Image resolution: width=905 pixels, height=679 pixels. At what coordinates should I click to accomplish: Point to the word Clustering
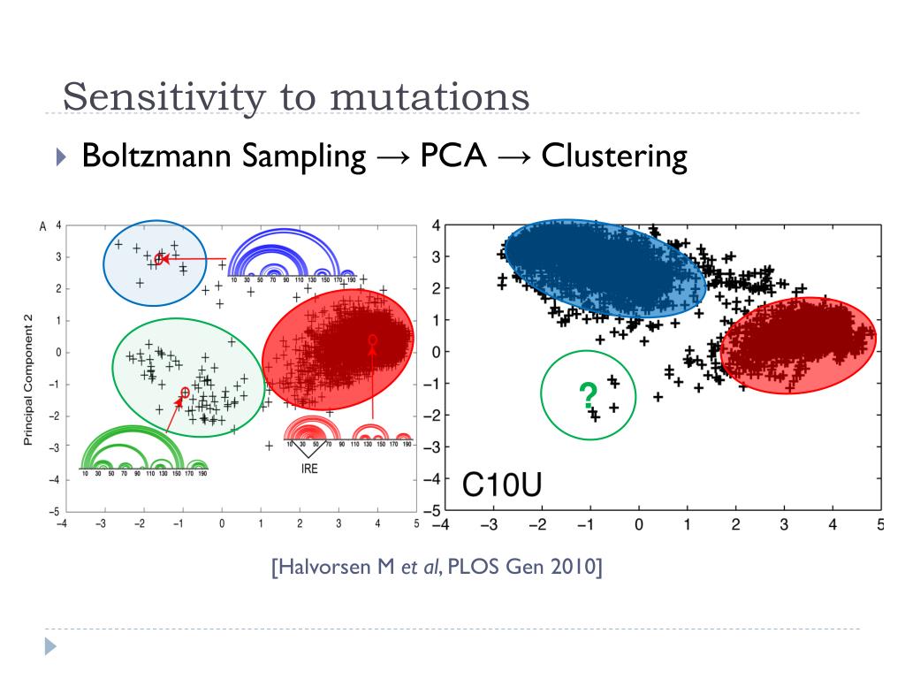pos(614,156)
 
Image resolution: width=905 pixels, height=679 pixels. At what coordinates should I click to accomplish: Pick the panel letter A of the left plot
pos(42,227)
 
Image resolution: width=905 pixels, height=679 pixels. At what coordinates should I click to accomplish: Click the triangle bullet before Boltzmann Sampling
pos(60,157)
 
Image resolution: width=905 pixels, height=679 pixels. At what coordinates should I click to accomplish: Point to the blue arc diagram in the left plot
pos(292,256)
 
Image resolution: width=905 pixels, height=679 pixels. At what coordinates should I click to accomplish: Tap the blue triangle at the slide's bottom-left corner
pos(49,647)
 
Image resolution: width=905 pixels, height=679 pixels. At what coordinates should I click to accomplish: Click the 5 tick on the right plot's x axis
pos(879,525)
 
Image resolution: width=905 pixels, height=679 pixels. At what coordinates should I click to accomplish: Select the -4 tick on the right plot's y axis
pos(434,479)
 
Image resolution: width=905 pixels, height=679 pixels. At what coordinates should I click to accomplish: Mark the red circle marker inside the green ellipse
pos(185,392)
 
